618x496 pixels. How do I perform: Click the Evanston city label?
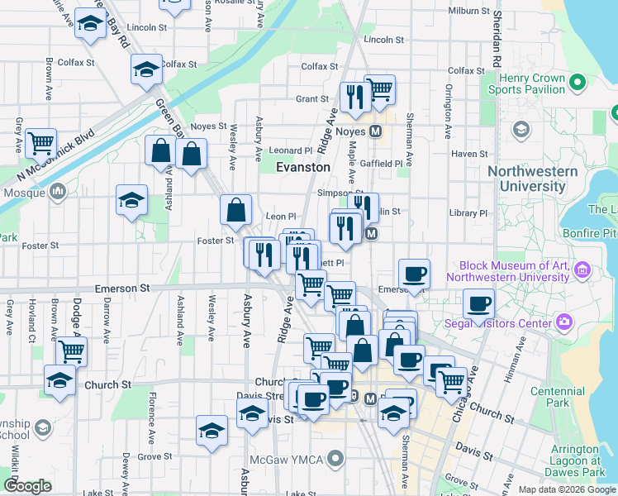(302, 167)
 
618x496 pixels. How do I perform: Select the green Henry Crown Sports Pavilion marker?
(578, 82)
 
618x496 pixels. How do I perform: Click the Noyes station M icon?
(374, 131)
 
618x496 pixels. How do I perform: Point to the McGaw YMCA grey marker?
(335, 457)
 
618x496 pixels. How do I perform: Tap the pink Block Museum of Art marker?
(582, 270)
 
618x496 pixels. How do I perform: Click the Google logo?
(27, 486)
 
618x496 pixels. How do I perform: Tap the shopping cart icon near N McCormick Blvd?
(40, 143)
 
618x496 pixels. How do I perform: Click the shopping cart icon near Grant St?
(379, 89)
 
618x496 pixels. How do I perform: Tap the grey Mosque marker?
(58, 193)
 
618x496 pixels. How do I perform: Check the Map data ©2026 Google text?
(566, 489)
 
